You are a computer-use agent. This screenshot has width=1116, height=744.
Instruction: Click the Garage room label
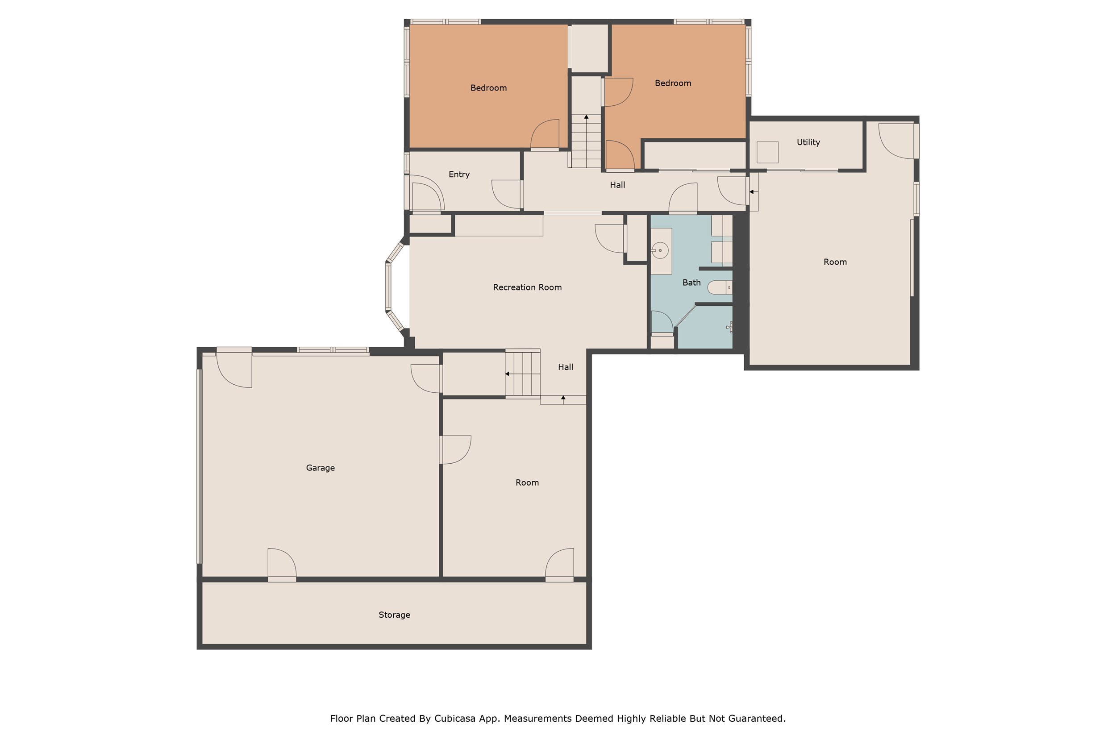coord(320,468)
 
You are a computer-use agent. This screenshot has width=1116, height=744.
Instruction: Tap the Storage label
coord(394,615)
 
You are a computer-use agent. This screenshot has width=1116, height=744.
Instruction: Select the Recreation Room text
coord(527,287)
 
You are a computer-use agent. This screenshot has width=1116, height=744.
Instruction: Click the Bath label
coord(691,283)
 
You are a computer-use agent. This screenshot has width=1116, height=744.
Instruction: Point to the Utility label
coord(808,142)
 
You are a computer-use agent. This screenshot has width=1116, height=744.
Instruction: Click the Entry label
coord(459,175)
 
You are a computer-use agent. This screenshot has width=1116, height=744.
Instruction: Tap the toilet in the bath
coord(719,287)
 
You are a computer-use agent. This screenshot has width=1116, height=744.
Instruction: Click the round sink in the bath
coord(660,250)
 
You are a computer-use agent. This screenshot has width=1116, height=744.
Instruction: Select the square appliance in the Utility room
coord(767,152)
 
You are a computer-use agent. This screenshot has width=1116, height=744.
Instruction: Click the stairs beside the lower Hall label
coord(522,374)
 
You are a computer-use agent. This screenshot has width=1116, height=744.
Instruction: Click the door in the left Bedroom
coord(545,135)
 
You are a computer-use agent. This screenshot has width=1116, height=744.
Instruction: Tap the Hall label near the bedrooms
coord(617,185)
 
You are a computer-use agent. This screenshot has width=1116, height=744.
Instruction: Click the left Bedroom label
coord(488,88)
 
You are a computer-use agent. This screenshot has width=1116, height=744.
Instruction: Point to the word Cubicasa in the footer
coord(454,719)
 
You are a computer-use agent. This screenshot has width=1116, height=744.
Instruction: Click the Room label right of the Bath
coord(835,262)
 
